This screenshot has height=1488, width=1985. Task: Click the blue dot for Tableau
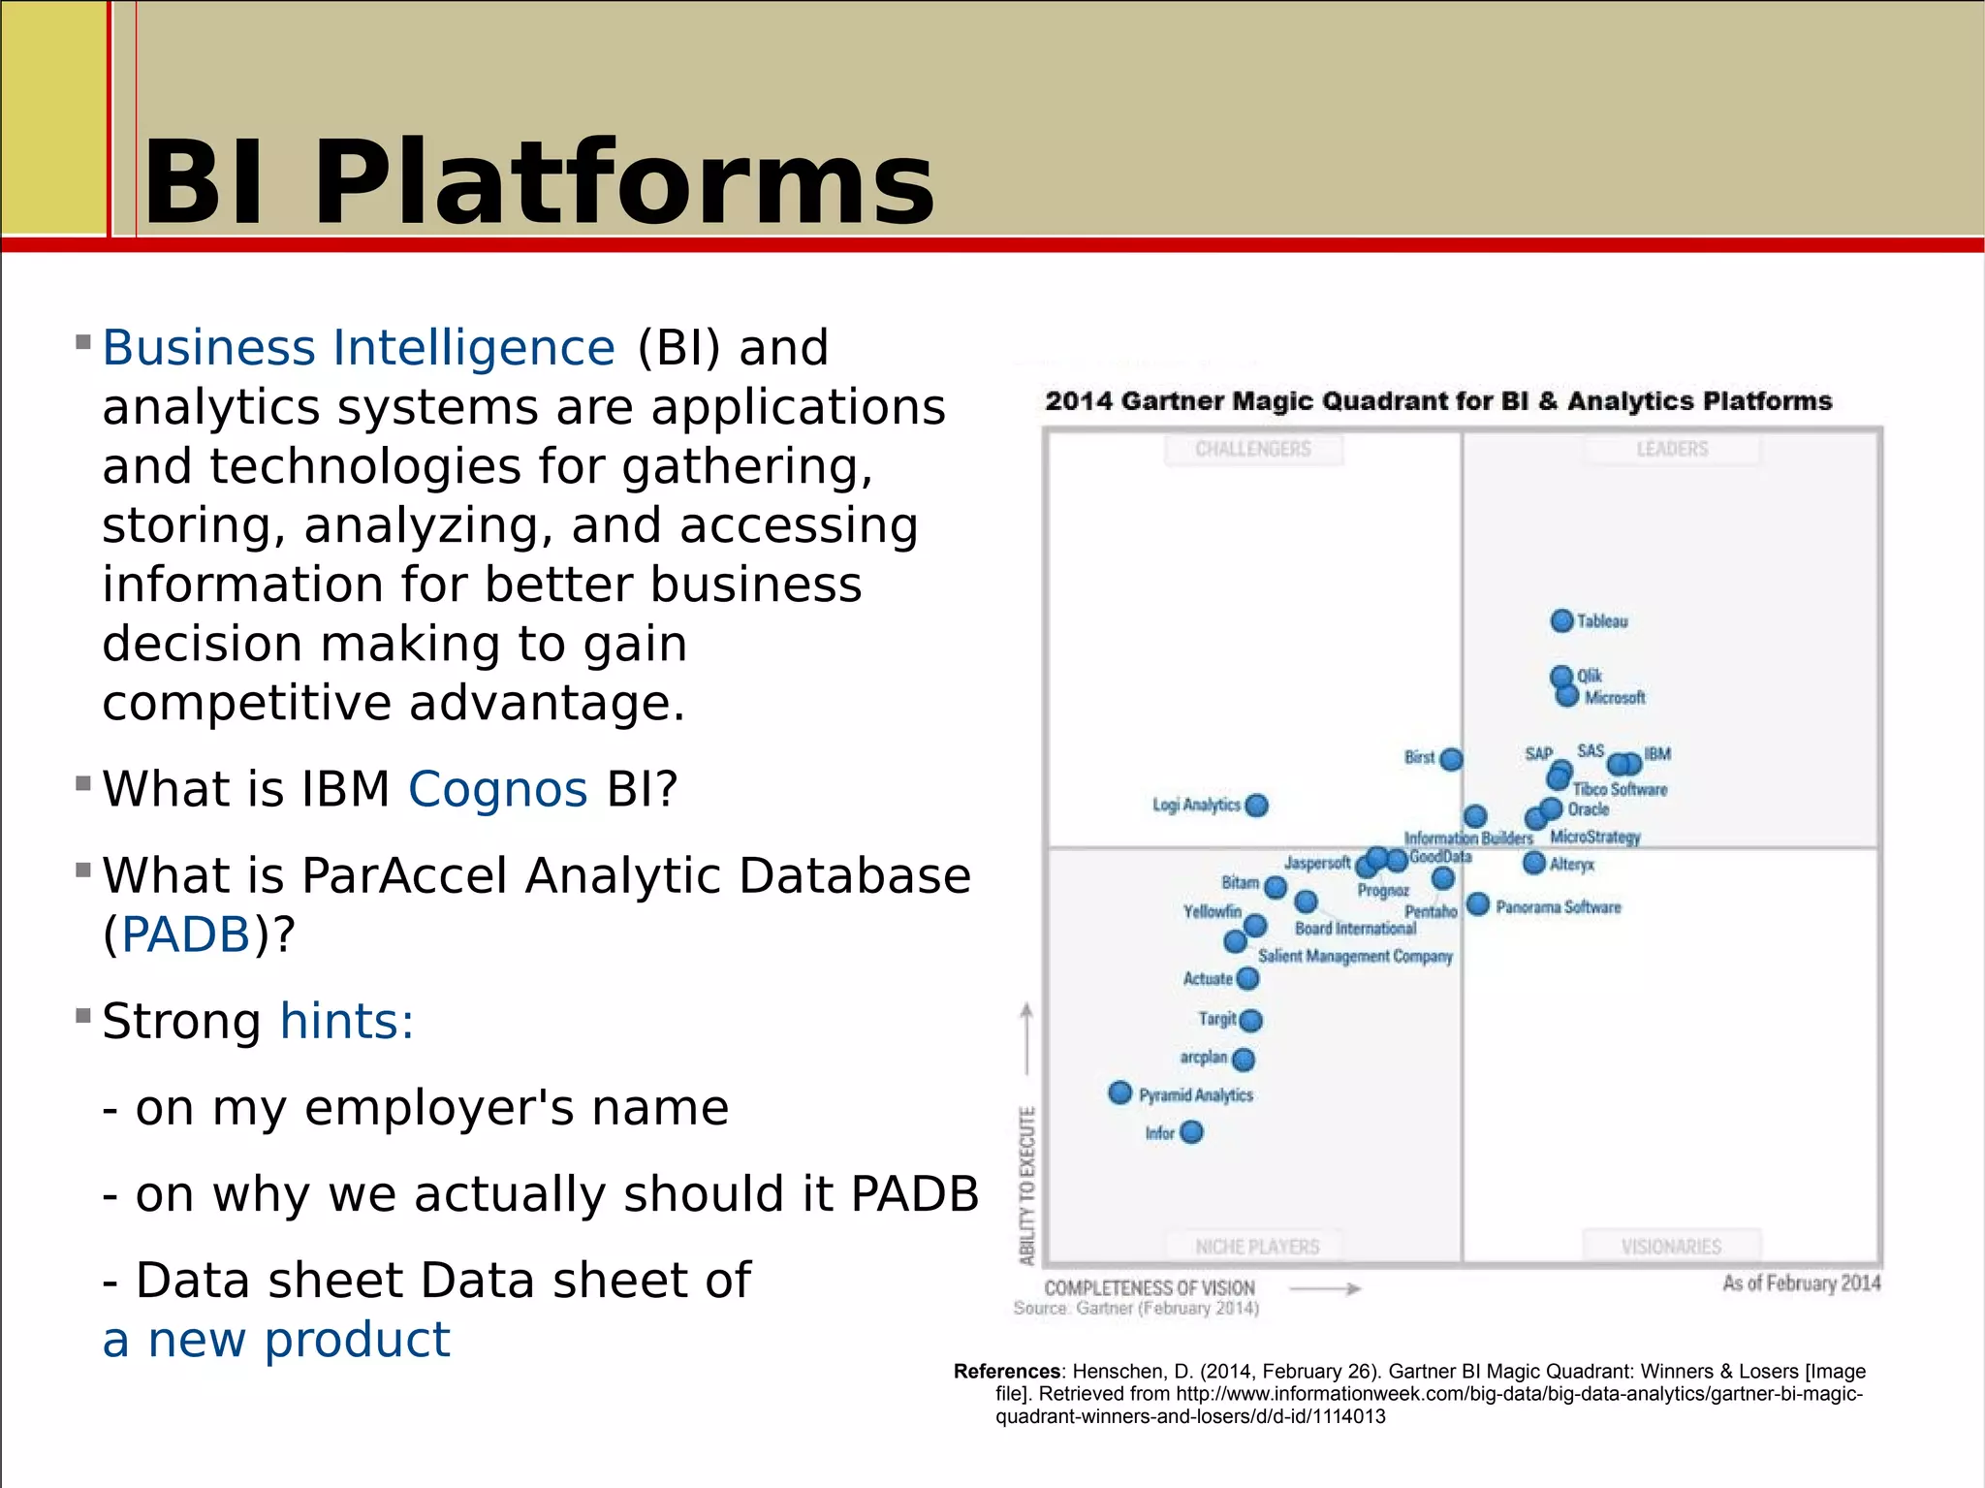pos(1561,620)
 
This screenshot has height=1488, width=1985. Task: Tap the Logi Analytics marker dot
pos(1257,806)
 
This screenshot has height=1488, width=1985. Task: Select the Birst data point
pos(1451,759)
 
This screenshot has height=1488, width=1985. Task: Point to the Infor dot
pos(1191,1132)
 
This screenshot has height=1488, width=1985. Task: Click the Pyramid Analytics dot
pos(1119,1092)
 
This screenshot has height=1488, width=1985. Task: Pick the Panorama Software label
pos(1558,907)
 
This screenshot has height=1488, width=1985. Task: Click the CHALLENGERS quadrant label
pos(1253,449)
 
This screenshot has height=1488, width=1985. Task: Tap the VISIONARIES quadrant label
pos(1671,1247)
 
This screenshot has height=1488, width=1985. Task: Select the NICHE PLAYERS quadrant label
pos(1257,1247)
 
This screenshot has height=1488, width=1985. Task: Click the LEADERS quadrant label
pos(1672,449)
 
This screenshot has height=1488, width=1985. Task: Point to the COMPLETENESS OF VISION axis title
pos(1150,1288)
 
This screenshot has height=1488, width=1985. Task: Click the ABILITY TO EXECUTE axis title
pos(1027,1186)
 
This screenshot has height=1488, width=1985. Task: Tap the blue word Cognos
pos(497,789)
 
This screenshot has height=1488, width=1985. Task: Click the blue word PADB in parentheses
pos(186,934)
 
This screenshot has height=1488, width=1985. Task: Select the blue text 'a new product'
pos(276,1340)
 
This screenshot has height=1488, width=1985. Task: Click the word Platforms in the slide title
pos(623,183)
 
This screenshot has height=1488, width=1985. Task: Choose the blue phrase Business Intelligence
pos(359,347)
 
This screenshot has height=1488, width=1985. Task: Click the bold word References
pos(1007,1371)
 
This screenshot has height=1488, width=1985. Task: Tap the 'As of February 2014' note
pos(1801,1283)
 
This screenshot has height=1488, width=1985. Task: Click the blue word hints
pos(346,1022)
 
